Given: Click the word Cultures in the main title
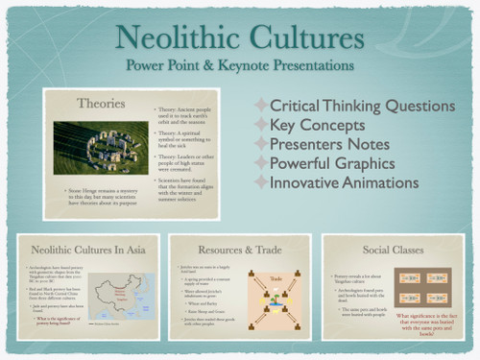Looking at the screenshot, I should point(303,38).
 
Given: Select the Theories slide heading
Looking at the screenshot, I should point(102,101).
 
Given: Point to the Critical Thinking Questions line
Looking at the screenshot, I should point(362,105).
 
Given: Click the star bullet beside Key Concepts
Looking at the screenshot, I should point(261,124).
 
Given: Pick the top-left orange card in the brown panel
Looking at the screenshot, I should point(411,276).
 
